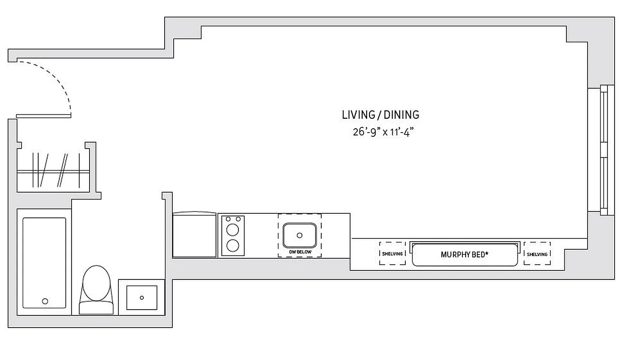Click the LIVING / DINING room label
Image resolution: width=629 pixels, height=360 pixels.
click(380, 115)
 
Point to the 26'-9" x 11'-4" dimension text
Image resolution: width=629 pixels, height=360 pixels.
click(383, 132)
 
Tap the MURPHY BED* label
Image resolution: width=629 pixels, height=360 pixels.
click(464, 255)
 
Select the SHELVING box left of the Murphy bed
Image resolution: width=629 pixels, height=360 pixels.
click(392, 253)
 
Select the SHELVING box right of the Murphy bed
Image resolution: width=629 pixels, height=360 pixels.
click(537, 254)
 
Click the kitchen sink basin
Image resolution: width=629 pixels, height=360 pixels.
click(300, 235)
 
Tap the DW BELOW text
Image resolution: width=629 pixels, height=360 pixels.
click(300, 252)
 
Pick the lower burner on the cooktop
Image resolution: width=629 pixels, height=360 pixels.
click(233, 245)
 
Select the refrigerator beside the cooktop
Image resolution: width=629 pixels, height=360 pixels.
click(194, 235)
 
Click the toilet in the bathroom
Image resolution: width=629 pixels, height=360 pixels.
click(96, 288)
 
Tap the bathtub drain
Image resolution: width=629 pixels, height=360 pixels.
click(45, 301)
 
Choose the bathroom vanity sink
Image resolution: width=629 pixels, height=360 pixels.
click(142, 297)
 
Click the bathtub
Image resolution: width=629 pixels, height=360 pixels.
click(44, 263)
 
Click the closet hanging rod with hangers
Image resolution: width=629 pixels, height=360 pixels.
click(53, 171)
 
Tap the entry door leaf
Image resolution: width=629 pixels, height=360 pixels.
click(44, 116)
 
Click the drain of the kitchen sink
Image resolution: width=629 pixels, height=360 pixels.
click(300, 235)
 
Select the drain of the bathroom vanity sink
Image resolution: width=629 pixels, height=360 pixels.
click(142, 297)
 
